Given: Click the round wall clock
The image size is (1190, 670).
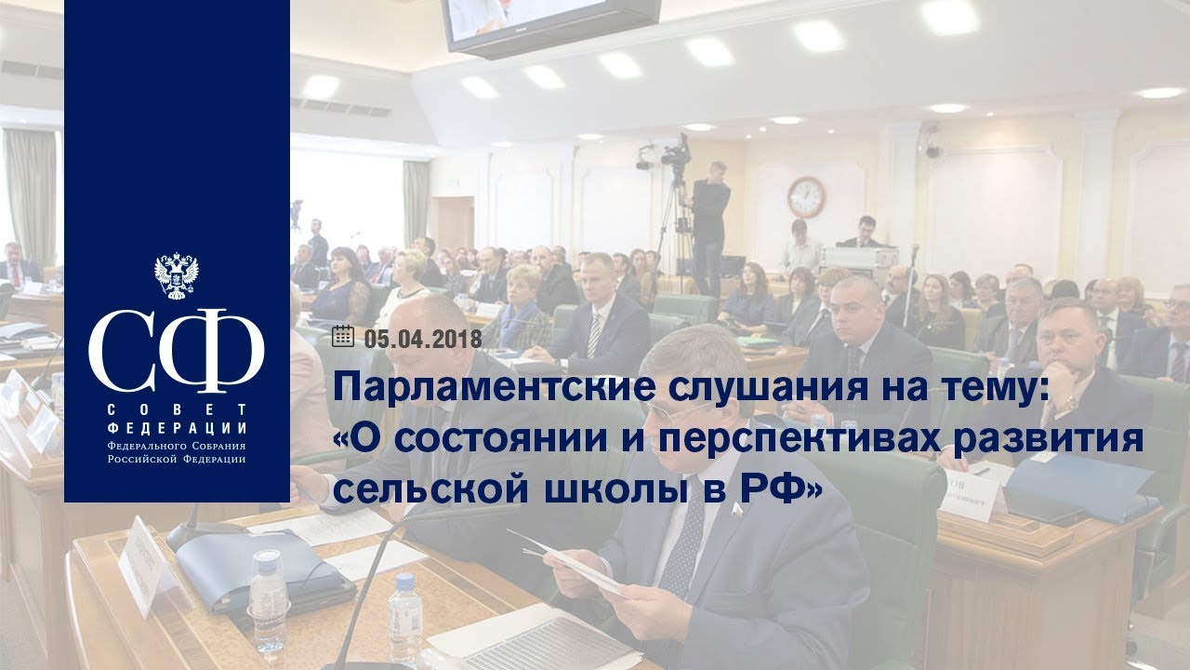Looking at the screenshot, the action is (806, 197).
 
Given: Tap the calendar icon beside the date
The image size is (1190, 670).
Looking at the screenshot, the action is (343, 337).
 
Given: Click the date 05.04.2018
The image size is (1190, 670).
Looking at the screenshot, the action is (423, 339).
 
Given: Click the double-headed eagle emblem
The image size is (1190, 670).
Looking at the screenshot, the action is (177, 276).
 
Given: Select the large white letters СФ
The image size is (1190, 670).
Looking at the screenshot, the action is (177, 350).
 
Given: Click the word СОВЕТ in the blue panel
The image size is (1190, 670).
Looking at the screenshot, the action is (177, 409).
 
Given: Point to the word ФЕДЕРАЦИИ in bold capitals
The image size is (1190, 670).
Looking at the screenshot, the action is (177, 428).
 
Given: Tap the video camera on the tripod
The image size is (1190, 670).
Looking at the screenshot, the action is (675, 152).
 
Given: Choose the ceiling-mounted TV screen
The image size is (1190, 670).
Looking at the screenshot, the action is (549, 25).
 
